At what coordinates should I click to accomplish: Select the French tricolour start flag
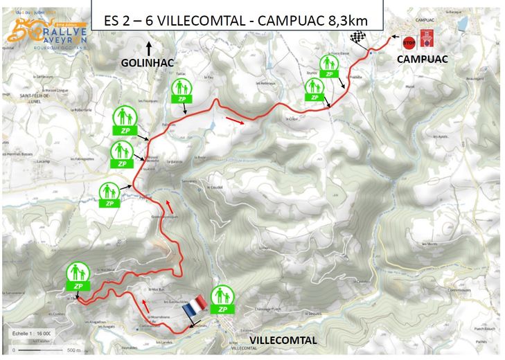click(x=197, y=306)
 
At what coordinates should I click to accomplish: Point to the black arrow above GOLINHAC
click(x=148, y=48)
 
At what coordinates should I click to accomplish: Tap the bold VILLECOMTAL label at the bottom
click(x=283, y=341)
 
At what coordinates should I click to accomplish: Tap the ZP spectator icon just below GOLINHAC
click(x=181, y=91)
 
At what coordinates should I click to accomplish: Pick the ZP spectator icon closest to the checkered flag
click(x=329, y=66)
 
